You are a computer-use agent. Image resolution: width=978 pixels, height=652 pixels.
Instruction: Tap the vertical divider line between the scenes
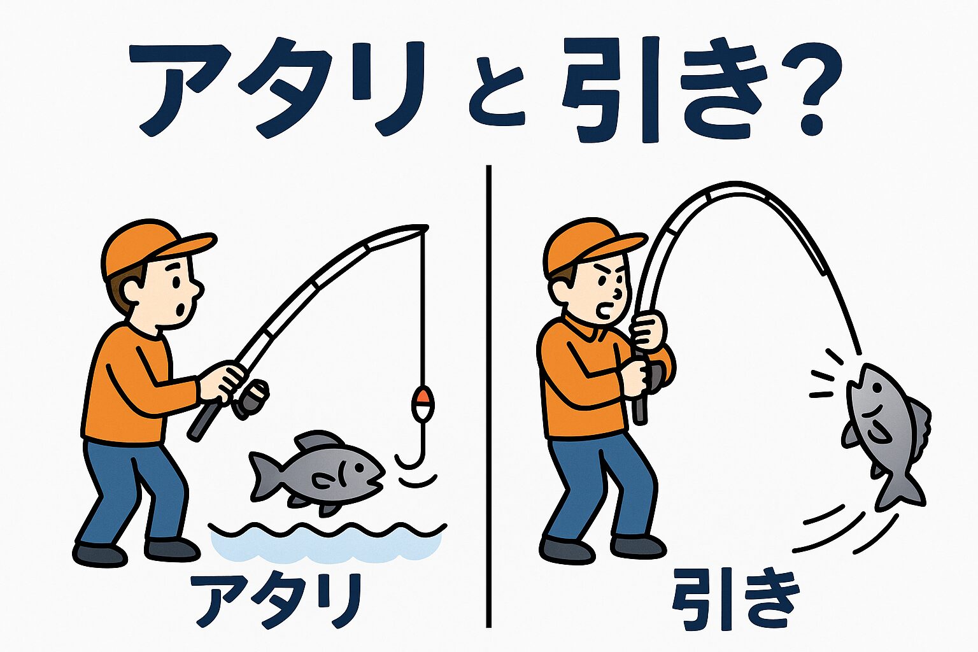[x=488, y=395]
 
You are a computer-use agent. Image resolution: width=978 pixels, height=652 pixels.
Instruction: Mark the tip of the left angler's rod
[x=425, y=227]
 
